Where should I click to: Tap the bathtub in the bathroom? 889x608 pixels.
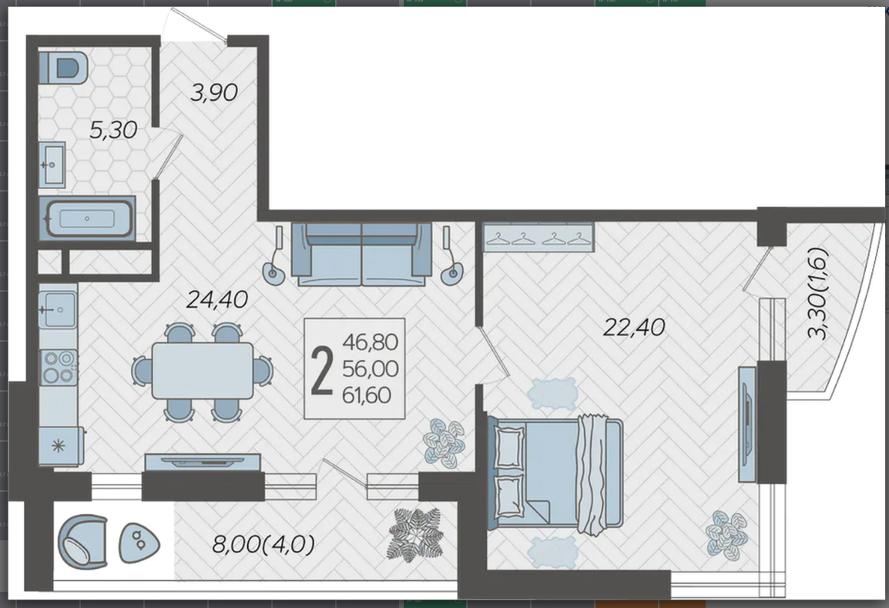pyautogui.click(x=87, y=219)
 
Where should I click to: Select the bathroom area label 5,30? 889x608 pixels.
pyautogui.click(x=113, y=130)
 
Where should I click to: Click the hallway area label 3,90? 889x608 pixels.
pyautogui.click(x=213, y=92)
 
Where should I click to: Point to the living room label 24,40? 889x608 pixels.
pyautogui.click(x=216, y=299)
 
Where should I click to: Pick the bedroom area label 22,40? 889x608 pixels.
pyautogui.click(x=634, y=327)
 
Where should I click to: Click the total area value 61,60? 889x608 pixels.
pyautogui.click(x=367, y=395)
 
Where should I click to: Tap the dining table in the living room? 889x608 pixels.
pyautogui.click(x=203, y=371)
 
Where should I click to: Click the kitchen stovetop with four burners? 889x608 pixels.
pyautogui.click(x=59, y=367)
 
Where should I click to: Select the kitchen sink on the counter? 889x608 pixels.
pyautogui.click(x=58, y=309)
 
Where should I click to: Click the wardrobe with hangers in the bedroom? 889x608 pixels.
pyautogui.click(x=538, y=236)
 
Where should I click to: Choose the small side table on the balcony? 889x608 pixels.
pyautogui.click(x=139, y=543)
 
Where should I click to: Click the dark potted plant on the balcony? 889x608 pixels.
pyautogui.click(x=415, y=534)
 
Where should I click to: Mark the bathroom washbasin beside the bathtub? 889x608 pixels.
pyautogui.click(x=52, y=165)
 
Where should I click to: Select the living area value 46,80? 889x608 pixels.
pyautogui.click(x=371, y=342)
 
